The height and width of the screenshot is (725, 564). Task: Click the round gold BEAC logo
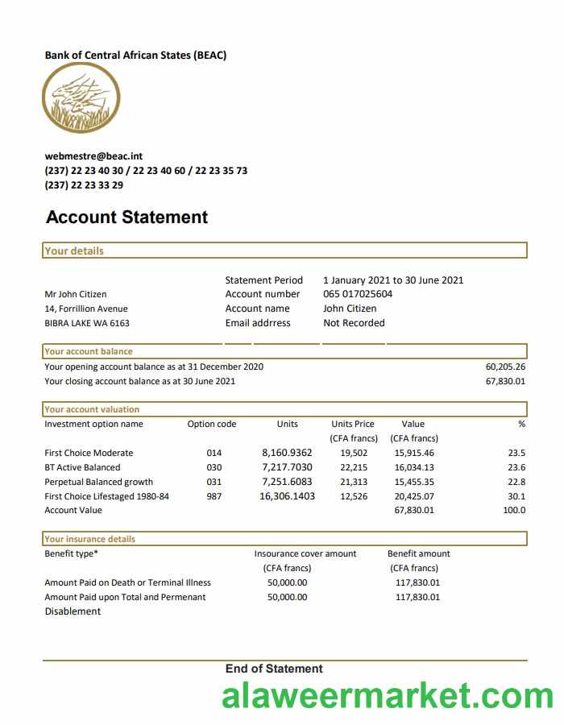pyautogui.click(x=81, y=97)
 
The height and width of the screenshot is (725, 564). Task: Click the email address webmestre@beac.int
pyautogui.click(x=93, y=156)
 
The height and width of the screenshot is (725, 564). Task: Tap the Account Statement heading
pyautogui.click(x=126, y=217)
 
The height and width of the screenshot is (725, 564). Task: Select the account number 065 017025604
pyautogui.click(x=358, y=294)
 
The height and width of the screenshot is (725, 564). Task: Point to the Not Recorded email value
pyautogui.click(x=354, y=323)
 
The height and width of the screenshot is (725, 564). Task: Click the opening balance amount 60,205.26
pyautogui.click(x=505, y=367)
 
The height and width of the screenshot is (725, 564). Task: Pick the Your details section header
pyautogui.click(x=74, y=251)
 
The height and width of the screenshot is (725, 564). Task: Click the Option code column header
pyautogui.click(x=212, y=424)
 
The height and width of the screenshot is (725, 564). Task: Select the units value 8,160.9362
pyautogui.click(x=287, y=453)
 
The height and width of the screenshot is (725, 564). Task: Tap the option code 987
pyautogui.click(x=214, y=496)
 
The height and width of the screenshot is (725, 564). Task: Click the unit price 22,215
pyautogui.click(x=354, y=467)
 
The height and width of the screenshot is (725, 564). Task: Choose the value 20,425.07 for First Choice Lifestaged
pyautogui.click(x=414, y=496)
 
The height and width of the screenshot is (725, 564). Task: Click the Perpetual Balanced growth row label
pyautogui.click(x=98, y=482)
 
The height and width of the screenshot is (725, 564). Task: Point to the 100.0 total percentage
pyautogui.click(x=513, y=510)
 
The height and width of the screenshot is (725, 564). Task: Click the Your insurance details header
pyautogui.click(x=89, y=539)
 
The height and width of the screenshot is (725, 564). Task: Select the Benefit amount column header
pyautogui.click(x=418, y=553)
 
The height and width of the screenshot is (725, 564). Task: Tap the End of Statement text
pyautogui.click(x=274, y=669)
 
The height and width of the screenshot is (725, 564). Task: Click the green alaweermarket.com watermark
pyautogui.click(x=388, y=697)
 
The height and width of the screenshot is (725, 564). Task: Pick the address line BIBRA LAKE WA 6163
pyautogui.click(x=87, y=323)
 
